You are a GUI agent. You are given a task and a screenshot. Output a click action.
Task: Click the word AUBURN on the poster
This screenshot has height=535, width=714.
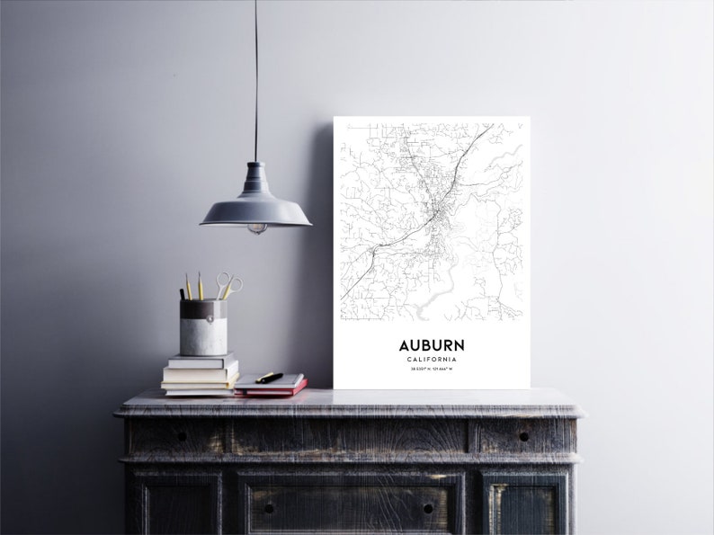[x=432, y=345]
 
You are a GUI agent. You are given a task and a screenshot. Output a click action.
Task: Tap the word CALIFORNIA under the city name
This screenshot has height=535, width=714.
[x=432, y=360]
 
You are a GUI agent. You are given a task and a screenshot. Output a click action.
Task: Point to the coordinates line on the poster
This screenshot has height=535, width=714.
[x=432, y=370]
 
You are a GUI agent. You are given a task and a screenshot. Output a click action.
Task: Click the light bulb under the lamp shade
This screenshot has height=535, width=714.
[x=257, y=228]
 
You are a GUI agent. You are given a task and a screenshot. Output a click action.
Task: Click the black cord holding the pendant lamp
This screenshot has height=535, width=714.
[x=255, y=81]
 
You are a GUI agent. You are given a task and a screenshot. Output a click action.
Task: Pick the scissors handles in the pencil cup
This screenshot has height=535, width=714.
[x=229, y=284]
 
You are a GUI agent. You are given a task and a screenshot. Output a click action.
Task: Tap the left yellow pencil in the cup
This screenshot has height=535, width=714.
[x=188, y=288]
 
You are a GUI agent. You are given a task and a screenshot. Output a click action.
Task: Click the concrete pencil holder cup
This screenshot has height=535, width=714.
[x=203, y=328]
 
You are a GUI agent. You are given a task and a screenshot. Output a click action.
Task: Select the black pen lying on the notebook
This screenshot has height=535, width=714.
[x=269, y=378]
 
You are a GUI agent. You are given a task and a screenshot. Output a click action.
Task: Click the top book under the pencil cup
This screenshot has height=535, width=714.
[x=202, y=361]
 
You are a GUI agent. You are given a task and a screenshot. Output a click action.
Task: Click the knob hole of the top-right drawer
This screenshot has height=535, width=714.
[x=523, y=436]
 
